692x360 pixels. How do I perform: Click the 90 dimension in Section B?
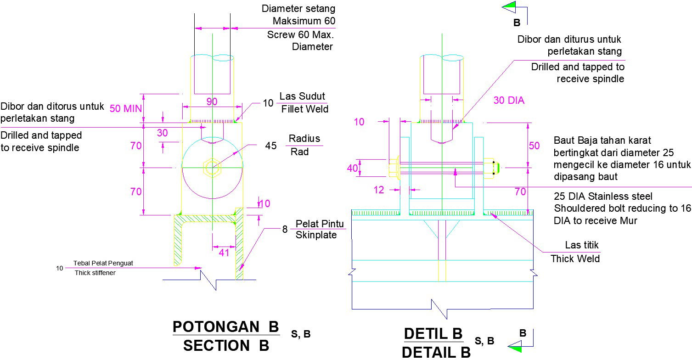[212, 102]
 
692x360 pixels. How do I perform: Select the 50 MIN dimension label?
[126, 109]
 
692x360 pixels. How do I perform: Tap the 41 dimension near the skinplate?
[223, 252]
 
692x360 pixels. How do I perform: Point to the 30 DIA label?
[509, 101]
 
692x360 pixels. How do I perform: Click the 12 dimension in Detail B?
[379, 190]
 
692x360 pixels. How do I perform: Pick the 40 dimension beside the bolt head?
[352, 168]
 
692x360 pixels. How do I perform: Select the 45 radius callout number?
[271, 146]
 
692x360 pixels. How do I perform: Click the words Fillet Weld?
[304, 109]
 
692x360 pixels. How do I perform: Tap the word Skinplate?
[316, 235]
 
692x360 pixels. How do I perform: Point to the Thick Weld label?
[575, 259]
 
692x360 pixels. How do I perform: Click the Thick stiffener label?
[95, 273]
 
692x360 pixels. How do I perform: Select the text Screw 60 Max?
[301, 34]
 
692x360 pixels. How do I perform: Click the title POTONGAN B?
[225, 326]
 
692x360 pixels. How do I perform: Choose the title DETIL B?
[433, 333]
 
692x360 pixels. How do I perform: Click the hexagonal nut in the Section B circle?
[212, 168]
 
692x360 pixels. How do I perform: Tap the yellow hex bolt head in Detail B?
[394, 169]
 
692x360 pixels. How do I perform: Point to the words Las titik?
[582, 245]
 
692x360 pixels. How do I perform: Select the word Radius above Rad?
[304, 139]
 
